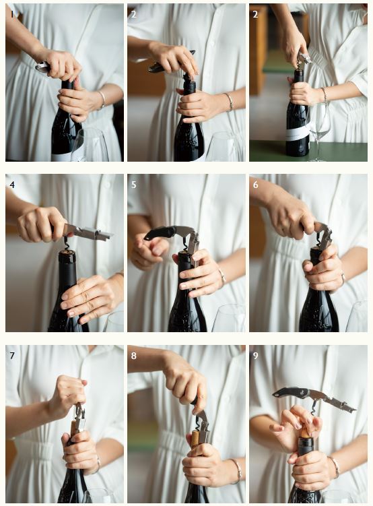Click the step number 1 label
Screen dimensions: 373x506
coord(12,14)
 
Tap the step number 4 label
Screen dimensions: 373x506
coord(12,185)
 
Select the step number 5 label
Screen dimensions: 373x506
coord(134,185)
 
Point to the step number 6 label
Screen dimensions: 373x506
coord(256,185)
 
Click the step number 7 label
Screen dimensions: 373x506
coord(12,356)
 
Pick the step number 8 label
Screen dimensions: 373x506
coord(134,356)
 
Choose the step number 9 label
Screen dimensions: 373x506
coord(256,356)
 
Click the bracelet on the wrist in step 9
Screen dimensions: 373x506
coord(335,466)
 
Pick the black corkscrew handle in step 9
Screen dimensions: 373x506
coord(290,393)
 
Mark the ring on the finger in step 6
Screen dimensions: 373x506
coord(343,278)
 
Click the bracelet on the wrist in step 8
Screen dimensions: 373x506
coord(237,471)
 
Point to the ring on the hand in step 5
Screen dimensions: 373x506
coord(222,276)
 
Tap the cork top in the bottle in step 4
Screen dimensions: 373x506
coord(67,252)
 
